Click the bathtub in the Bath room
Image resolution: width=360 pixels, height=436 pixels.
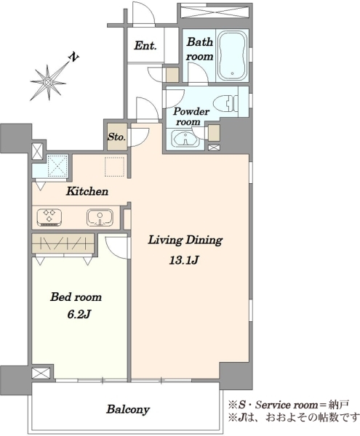pos(232,55)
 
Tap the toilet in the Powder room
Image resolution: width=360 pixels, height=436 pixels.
pos(226,103)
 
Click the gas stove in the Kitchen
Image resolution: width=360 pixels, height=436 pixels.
pos(49,217)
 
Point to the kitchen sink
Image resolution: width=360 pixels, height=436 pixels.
pos(100,217)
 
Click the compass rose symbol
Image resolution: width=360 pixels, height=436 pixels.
pos(49,83)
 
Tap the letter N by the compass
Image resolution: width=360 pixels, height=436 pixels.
pos(73,57)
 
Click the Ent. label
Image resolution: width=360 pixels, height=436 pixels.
pos(145,46)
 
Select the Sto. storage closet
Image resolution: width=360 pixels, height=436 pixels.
pos(117,137)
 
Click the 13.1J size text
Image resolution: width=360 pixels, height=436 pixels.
pos(184,260)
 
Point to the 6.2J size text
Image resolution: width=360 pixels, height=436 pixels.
pos(79,315)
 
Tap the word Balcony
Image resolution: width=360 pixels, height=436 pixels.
pos(128,410)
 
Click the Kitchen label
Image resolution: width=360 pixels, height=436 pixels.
pos(87,191)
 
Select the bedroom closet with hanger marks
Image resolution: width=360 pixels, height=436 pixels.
pos(63,243)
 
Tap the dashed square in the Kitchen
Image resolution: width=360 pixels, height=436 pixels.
pos(114,166)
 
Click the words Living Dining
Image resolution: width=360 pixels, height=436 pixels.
pos(185,240)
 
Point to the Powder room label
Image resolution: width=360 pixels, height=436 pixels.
pos(191,116)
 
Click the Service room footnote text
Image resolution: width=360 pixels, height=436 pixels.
pos(288,405)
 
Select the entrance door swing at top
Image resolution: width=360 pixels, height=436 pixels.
pos(144,14)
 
